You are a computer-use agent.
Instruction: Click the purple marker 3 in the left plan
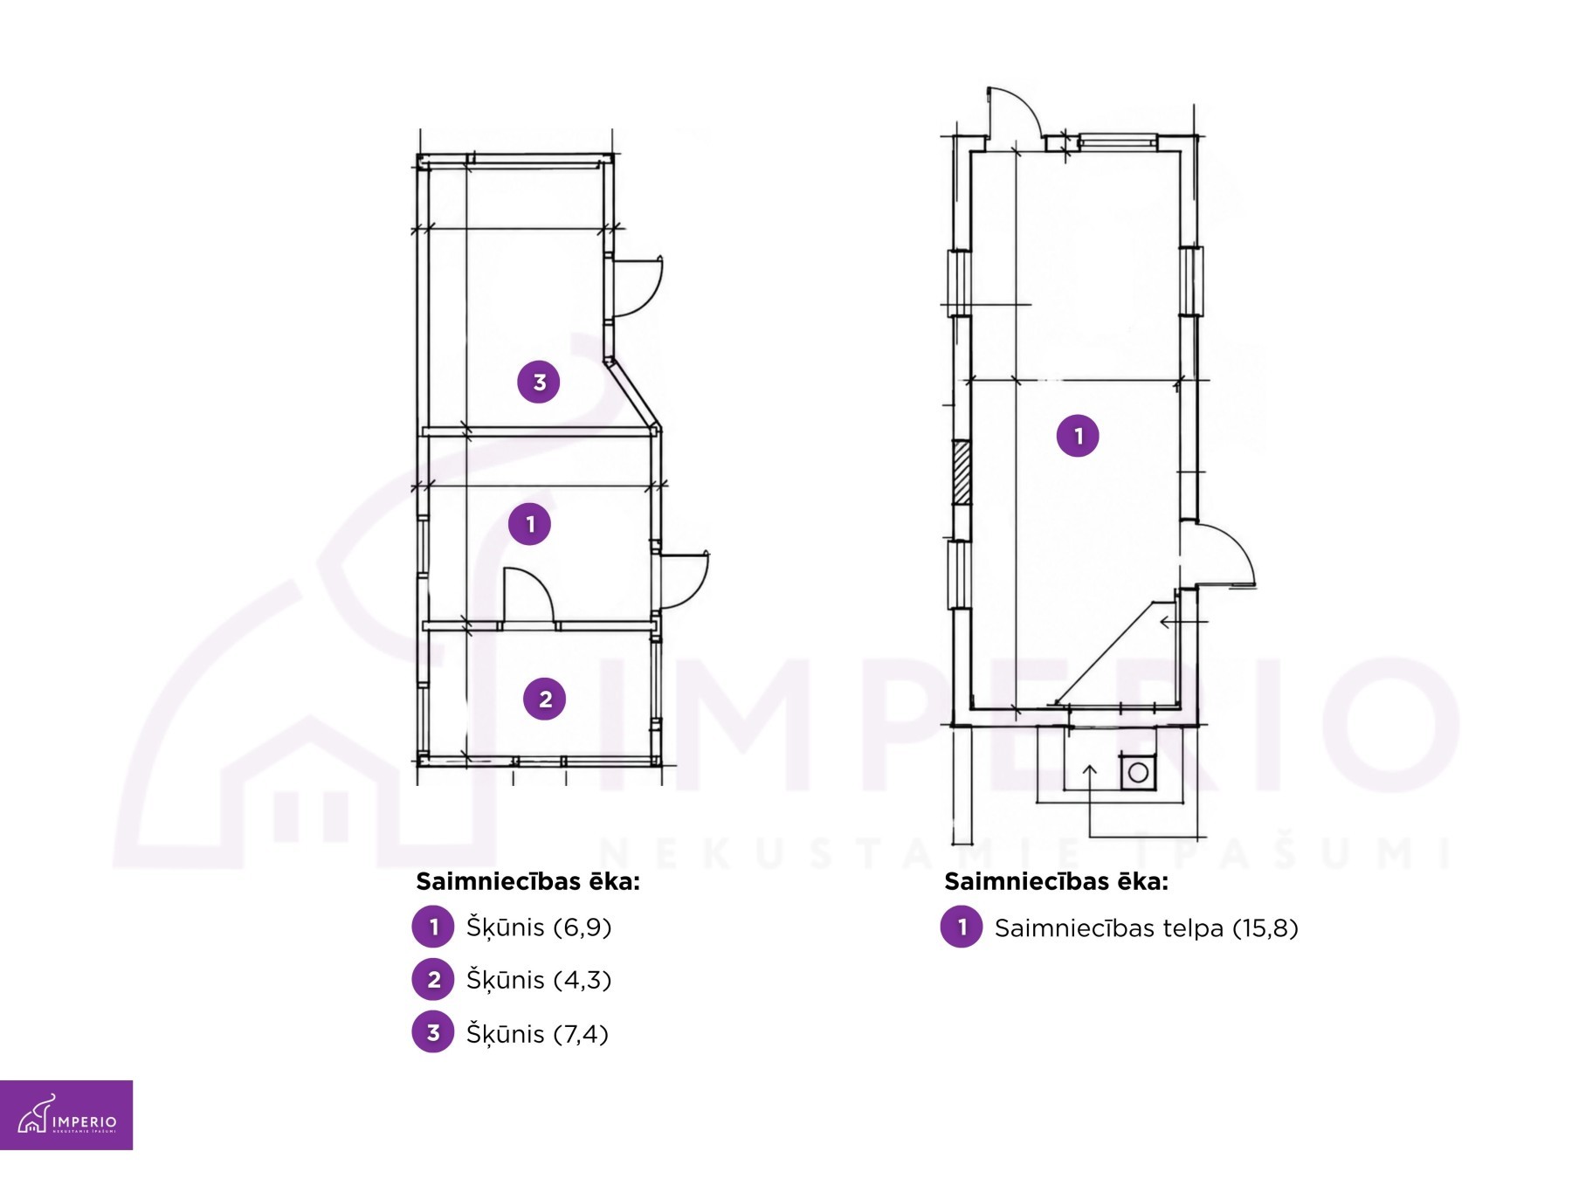click(x=539, y=382)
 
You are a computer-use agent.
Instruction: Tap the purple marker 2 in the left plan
click(x=545, y=699)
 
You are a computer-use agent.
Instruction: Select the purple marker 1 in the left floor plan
click(x=530, y=524)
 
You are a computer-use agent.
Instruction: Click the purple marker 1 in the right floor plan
click(x=1078, y=436)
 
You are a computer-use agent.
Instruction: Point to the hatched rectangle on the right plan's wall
click(x=962, y=472)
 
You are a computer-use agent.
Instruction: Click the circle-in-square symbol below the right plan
click(x=1138, y=772)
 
